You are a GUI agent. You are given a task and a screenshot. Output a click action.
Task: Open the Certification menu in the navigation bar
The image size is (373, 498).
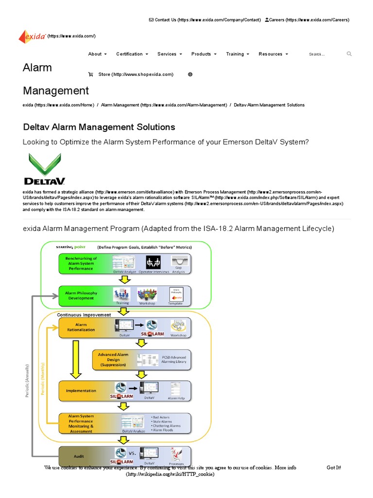click(x=132, y=54)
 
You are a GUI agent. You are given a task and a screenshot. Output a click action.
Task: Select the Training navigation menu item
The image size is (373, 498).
click(x=237, y=54)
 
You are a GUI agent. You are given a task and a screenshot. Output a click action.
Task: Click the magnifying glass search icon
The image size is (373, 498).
click(x=349, y=54)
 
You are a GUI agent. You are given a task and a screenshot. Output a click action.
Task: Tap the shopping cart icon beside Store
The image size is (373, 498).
click(x=90, y=74)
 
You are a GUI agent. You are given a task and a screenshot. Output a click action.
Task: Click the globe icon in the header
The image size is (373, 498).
click(x=190, y=74)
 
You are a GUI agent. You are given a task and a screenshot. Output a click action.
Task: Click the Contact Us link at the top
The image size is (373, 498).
click(x=207, y=20)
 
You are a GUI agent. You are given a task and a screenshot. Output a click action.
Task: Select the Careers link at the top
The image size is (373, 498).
click(x=307, y=20)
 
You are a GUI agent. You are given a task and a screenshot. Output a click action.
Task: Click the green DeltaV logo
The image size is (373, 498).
click(x=45, y=169)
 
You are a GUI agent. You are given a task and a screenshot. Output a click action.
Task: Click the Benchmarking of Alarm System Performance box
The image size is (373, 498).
click(x=82, y=263)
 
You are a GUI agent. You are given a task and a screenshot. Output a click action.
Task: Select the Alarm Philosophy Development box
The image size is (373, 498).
click(x=81, y=296)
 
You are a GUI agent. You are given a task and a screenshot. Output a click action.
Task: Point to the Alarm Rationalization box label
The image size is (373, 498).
click(x=81, y=327)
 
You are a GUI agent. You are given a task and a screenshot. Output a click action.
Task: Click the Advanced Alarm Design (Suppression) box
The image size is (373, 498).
click(x=113, y=359)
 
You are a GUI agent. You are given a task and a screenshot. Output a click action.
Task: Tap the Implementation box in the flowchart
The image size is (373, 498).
click(x=81, y=391)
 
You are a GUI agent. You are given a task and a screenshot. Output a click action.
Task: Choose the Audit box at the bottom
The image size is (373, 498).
click(x=78, y=457)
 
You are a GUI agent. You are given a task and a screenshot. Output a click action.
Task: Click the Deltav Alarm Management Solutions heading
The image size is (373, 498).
click(x=99, y=127)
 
